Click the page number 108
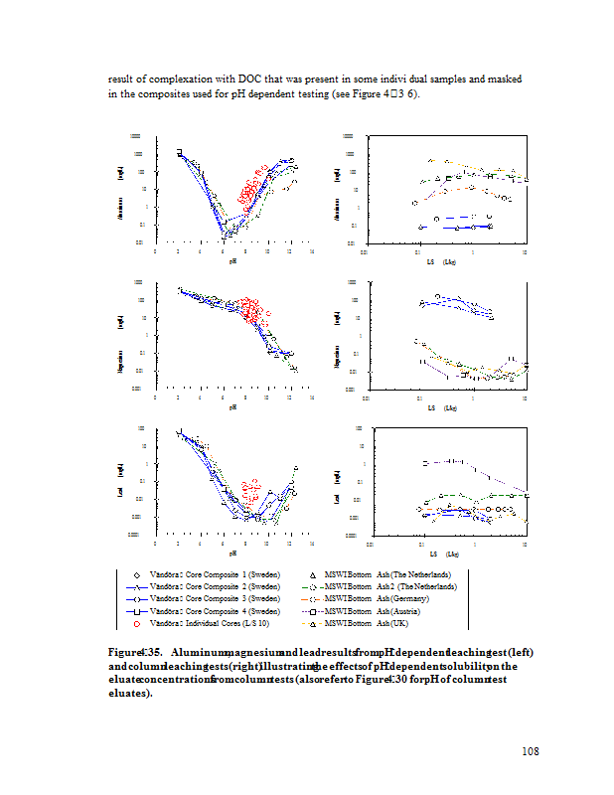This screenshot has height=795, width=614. pyautogui.click(x=530, y=750)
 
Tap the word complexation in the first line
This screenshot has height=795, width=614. pyautogui.click(x=187, y=78)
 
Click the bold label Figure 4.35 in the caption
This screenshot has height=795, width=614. pyautogui.click(x=135, y=651)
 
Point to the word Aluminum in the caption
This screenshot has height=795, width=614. pyautogui.click(x=197, y=651)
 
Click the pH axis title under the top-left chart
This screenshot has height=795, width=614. pyautogui.click(x=232, y=261)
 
